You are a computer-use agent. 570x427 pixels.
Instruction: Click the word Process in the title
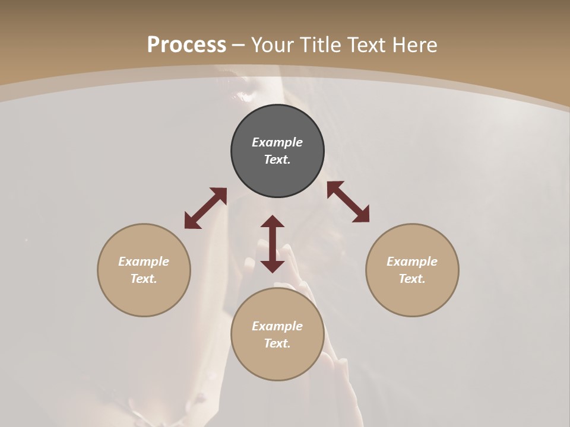pos(186,45)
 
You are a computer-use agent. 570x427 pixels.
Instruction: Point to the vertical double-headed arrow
pos(273,244)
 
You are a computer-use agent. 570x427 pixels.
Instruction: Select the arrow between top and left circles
pos(205,208)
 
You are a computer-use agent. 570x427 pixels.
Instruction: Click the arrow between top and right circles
pos(348,202)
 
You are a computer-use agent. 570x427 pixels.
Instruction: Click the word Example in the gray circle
pos(277,142)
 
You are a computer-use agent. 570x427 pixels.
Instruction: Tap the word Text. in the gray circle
pos(277,160)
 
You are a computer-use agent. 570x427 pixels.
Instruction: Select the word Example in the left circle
pos(144,262)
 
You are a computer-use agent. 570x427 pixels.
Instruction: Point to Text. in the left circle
pos(144,279)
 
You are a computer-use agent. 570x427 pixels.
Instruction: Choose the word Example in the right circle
pos(412,262)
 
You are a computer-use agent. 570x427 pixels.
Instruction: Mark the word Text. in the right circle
pos(412,279)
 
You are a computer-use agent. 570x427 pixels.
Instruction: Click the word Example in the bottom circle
pos(277,326)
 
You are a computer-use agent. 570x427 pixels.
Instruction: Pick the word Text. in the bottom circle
pos(277,343)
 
